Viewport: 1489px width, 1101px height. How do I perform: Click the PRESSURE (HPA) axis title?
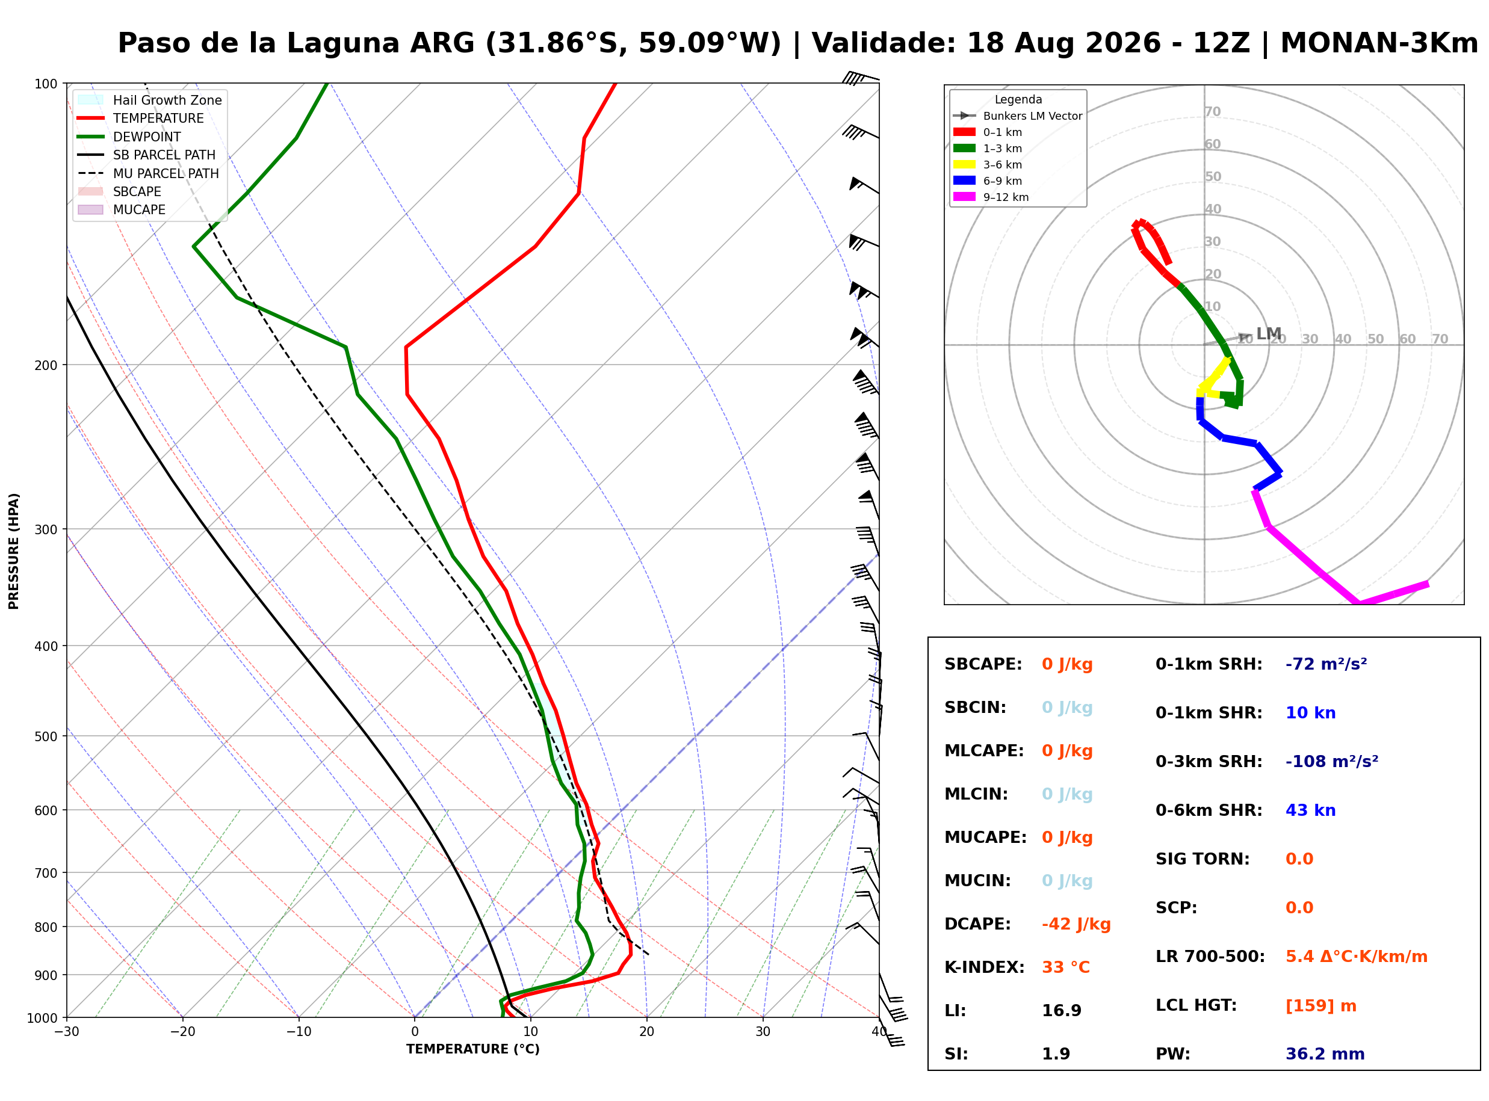coord(13,551)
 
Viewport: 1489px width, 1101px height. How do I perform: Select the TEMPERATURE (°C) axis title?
coord(473,1050)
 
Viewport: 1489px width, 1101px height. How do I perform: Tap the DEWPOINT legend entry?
coord(147,137)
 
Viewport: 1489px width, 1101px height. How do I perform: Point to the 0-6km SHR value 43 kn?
coord(1310,810)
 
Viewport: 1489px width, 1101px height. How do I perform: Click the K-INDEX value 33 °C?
coord(1066,967)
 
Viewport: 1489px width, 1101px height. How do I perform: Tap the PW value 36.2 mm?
coord(1325,1053)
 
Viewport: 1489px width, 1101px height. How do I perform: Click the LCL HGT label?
coord(1196,1005)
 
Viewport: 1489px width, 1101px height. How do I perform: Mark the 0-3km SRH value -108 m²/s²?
coord(1332,761)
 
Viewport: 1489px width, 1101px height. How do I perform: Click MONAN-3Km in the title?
coord(1379,43)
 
